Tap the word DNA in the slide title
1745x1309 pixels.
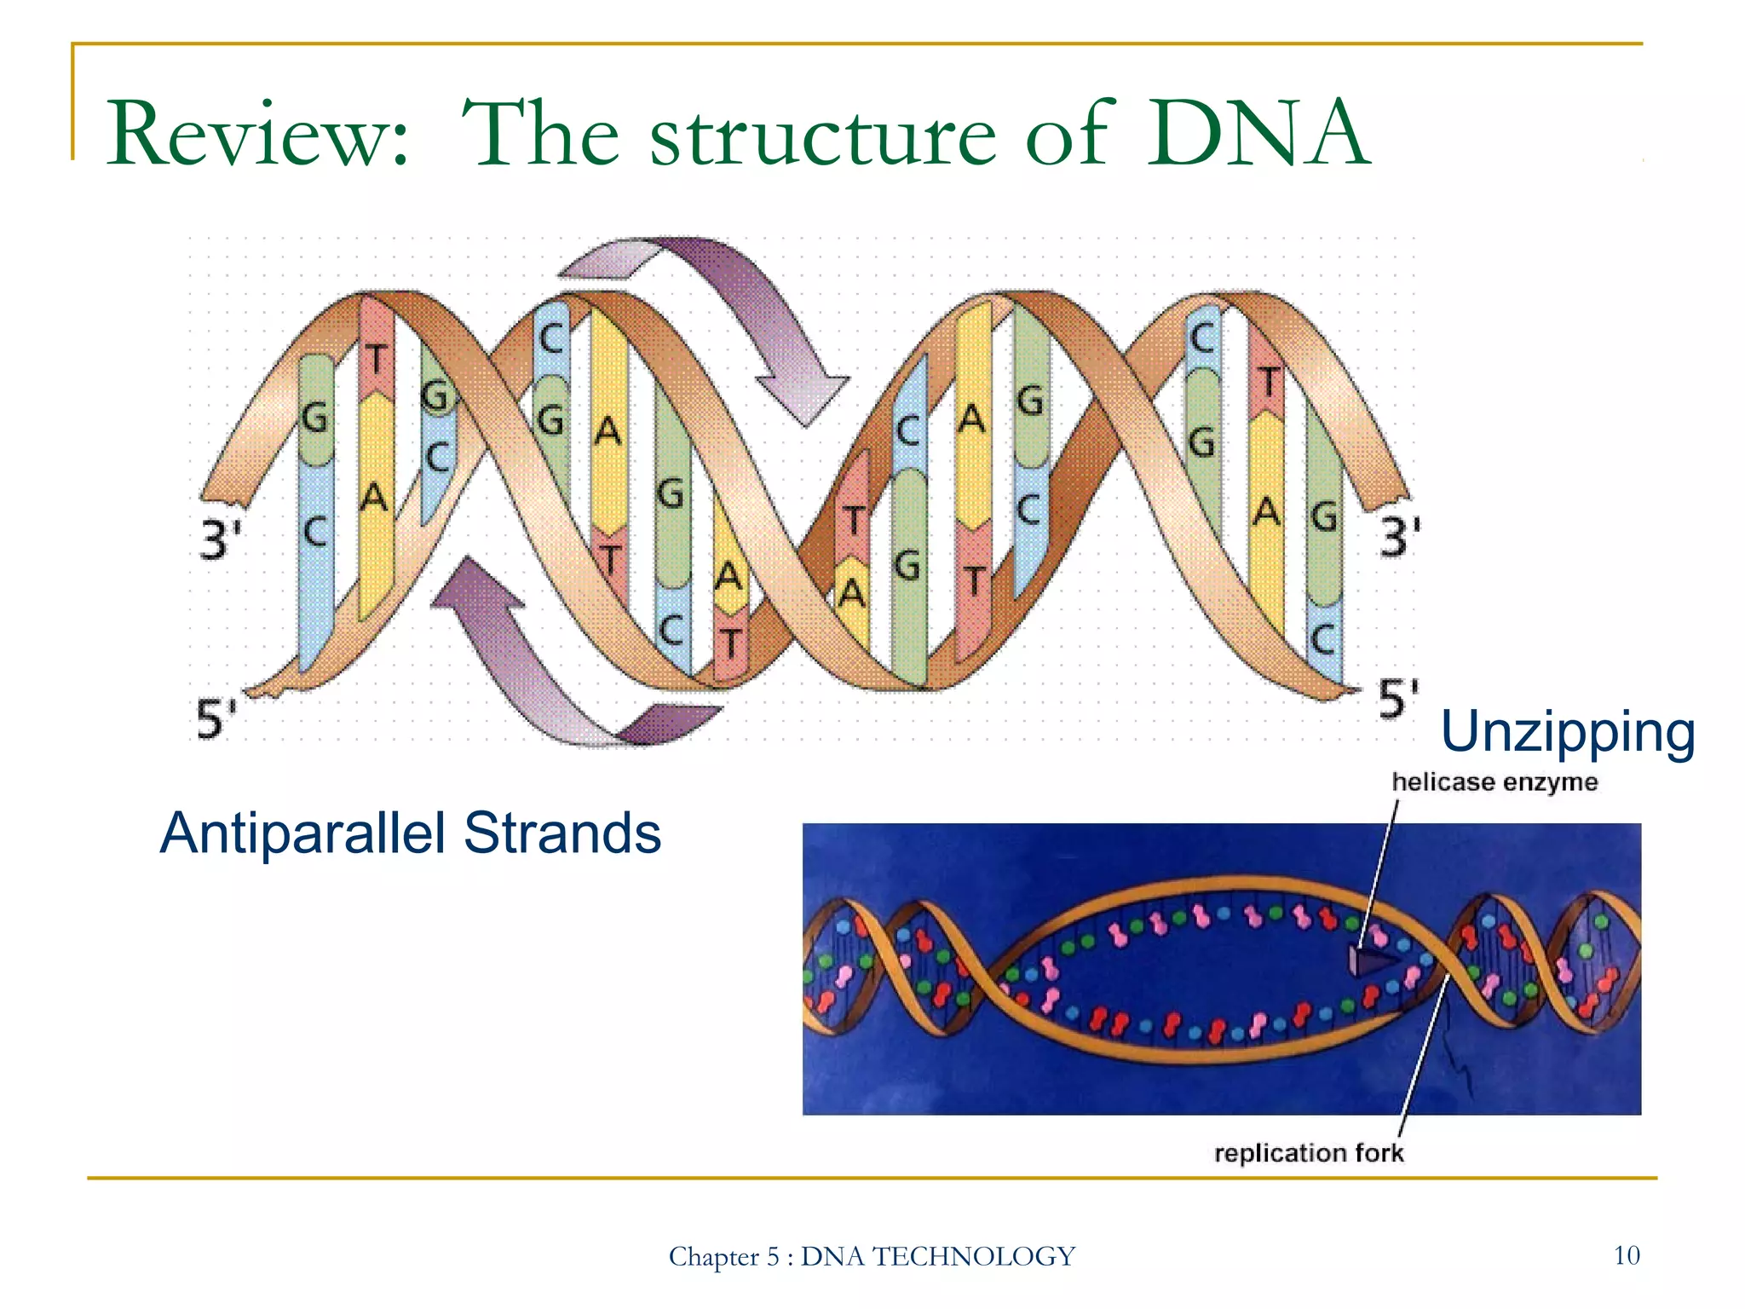coord(1257,135)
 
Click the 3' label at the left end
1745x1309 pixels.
coord(220,539)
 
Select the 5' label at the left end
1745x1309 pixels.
coord(216,718)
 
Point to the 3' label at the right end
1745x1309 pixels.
coord(1400,538)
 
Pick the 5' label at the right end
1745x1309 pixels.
coord(1398,699)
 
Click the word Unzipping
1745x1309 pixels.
coord(1567,733)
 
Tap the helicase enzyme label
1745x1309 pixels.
coord(1494,781)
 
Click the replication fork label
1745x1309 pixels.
coord(1308,1153)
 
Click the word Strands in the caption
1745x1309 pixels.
coord(562,833)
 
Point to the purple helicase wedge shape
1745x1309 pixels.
coord(1368,961)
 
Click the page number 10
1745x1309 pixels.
coord(1627,1255)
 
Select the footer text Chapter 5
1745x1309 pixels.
coord(723,1257)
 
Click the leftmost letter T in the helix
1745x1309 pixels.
coord(375,360)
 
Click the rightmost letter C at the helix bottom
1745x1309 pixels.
coord(1322,638)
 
